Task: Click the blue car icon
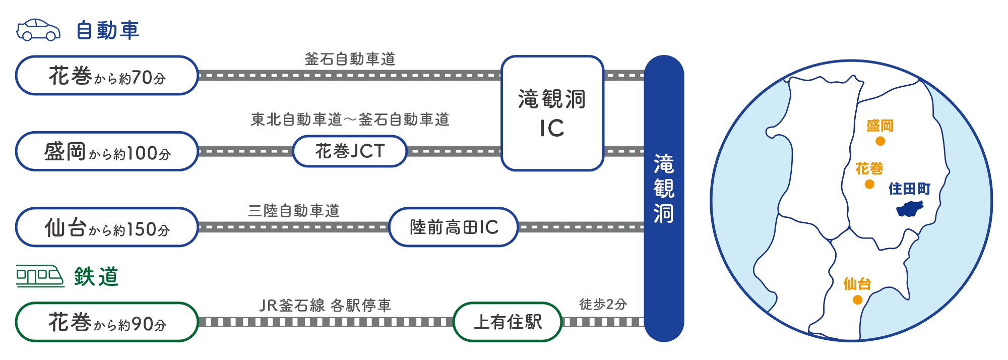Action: [x=38, y=30]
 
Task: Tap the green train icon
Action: [x=40, y=276]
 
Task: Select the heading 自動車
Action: [x=107, y=30]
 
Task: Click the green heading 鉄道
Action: [x=96, y=277]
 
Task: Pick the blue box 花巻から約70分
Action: [x=107, y=76]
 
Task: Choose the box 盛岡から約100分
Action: [x=107, y=151]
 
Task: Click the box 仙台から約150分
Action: [x=107, y=227]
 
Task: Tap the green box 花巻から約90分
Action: [x=107, y=322]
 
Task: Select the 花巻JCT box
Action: [x=350, y=151]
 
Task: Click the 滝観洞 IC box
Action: [x=552, y=113]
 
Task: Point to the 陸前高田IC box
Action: [x=454, y=227]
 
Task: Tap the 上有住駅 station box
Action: [x=508, y=322]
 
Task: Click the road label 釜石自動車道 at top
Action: [x=350, y=59]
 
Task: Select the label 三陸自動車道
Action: [x=293, y=211]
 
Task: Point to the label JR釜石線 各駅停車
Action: [x=325, y=306]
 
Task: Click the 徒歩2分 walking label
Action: [x=603, y=305]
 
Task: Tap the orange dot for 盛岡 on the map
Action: [x=880, y=141]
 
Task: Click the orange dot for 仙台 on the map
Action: [x=857, y=300]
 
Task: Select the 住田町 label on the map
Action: [x=909, y=189]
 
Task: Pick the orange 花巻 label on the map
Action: [x=869, y=168]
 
